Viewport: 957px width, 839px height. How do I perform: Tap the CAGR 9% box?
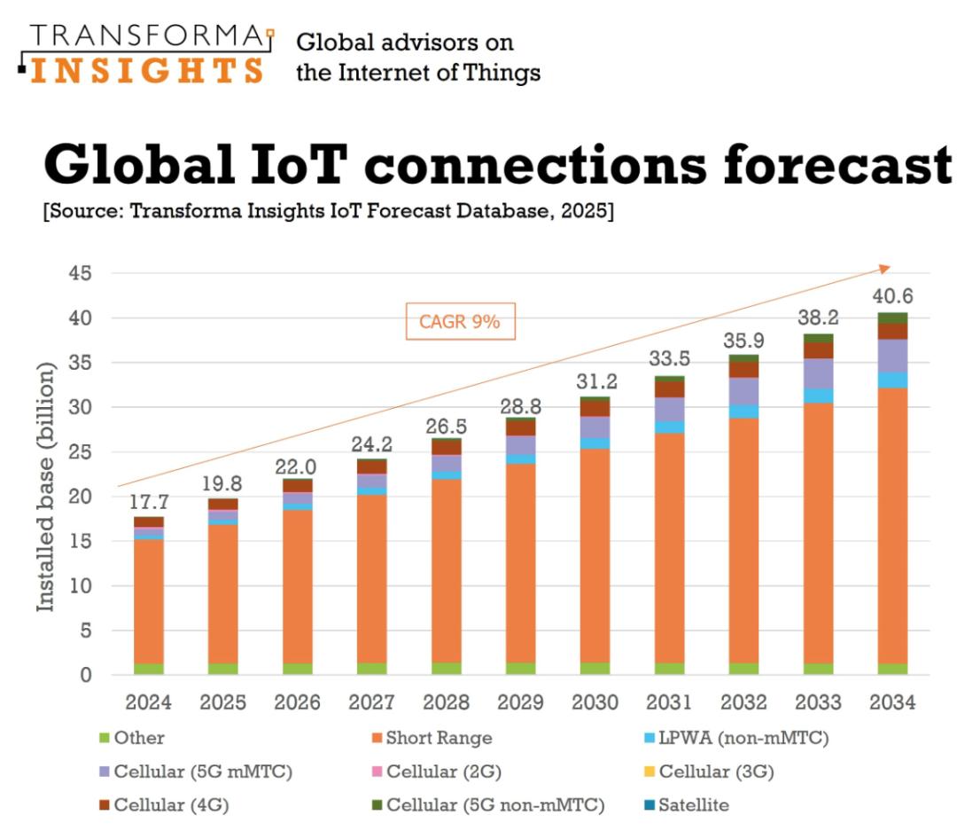coord(461,322)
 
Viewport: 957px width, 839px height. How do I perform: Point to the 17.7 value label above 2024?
coord(148,501)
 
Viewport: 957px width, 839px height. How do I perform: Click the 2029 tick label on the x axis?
coord(520,702)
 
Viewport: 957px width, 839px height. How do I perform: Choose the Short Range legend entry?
coord(430,738)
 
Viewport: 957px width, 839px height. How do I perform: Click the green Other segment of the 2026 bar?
coord(297,669)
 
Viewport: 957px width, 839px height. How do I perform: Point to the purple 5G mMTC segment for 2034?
coord(892,356)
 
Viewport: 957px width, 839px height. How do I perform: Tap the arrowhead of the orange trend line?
coord(884,268)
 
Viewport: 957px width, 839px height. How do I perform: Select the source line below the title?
coord(328,214)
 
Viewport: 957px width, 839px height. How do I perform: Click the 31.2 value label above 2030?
coord(595,381)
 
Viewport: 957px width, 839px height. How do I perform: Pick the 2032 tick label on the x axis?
coord(743,702)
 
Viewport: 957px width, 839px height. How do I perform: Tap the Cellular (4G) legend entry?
coord(164,805)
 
